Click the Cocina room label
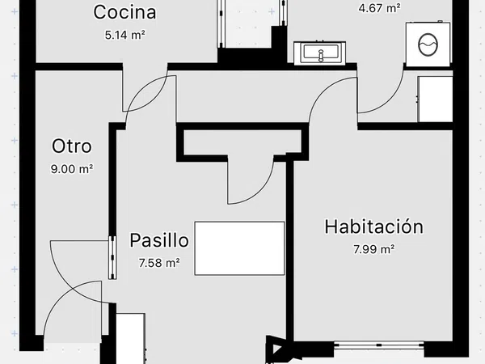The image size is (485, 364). click(124, 13)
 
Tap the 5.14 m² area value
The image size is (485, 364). click(125, 36)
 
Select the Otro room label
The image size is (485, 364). click(72, 146)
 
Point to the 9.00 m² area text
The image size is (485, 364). click(72, 169)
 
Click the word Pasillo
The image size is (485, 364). click(159, 240)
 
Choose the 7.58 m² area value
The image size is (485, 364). click(159, 263)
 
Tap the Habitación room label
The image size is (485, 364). click(373, 226)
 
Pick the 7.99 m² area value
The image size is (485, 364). click(374, 249)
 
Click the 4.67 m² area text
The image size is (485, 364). click(380, 8)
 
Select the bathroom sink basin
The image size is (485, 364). click(320, 52)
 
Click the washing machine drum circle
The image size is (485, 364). click(428, 44)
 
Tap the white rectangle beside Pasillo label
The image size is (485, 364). click(239, 248)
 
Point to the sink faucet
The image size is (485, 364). click(321, 55)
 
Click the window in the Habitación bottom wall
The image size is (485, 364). click(379, 345)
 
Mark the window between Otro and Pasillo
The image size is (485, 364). click(112, 258)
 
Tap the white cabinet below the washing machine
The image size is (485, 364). click(435, 99)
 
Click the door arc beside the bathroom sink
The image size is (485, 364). click(388, 102)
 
